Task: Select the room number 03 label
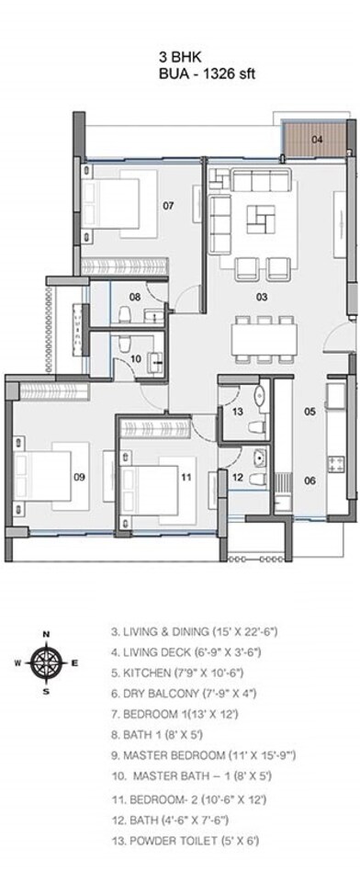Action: click(x=262, y=297)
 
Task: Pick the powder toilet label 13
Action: click(x=237, y=412)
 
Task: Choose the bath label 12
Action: click(x=237, y=477)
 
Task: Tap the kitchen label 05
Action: click(x=310, y=412)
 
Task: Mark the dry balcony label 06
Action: click(x=310, y=479)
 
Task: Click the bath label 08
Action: click(x=134, y=297)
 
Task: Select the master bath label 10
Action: click(x=135, y=359)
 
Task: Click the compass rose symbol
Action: click(x=46, y=661)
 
